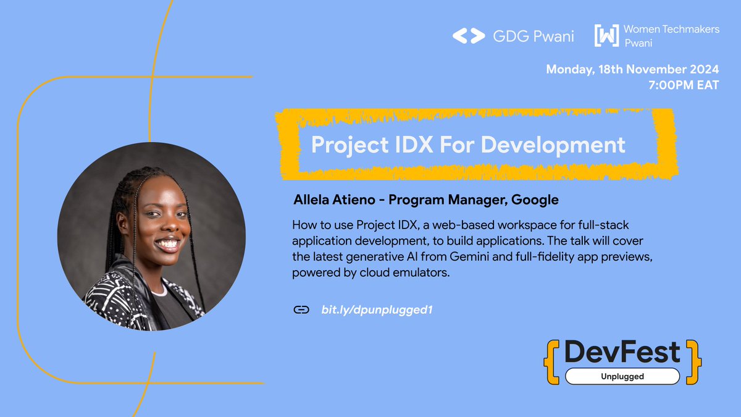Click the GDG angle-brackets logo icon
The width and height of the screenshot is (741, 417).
pyautogui.click(x=469, y=36)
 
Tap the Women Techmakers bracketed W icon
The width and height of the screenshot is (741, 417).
pyautogui.click(x=606, y=36)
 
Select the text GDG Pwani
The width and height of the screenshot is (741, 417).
pyautogui.click(x=533, y=36)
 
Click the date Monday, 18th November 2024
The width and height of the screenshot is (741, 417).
pyautogui.click(x=632, y=69)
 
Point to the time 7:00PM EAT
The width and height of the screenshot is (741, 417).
pyautogui.click(x=684, y=85)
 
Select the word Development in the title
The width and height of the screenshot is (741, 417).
pyautogui.click(x=553, y=145)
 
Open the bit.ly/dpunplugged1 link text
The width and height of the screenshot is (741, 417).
pyautogui.click(x=376, y=310)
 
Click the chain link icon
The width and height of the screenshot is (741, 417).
pyautogui.click(x=301, y=310)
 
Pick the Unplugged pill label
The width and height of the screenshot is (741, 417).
pyautogui.click(x=622, y=376)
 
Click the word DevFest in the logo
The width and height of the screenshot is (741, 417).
pyautogui.click(x=622, y=352)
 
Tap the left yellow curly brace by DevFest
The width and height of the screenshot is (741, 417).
pyautogui.click(x=550, y=361)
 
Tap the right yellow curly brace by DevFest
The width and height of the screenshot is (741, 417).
pyautogui.click(x=695, y=361)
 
